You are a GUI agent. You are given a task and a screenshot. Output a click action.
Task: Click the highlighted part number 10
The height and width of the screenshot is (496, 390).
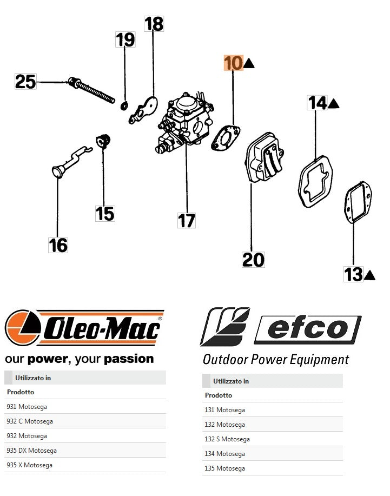point(234,63)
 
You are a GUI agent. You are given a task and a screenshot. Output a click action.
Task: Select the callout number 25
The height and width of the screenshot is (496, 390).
point(25,82)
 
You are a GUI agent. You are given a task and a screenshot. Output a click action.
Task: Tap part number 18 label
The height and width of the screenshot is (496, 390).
point(154,24)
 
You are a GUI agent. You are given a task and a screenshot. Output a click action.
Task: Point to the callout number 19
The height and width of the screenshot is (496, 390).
point(125,40)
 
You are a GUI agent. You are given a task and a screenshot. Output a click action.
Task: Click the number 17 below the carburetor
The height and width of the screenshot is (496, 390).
point(187,221)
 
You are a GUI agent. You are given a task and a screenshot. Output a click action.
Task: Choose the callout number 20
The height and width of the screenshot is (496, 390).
point(253,260)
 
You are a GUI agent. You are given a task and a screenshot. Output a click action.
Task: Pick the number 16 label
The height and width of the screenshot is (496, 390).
point(58,246)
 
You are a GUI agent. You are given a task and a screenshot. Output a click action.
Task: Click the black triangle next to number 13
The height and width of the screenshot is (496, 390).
point(370,275)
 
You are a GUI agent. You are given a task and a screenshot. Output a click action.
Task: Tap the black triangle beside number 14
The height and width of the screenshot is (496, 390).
point(334,103)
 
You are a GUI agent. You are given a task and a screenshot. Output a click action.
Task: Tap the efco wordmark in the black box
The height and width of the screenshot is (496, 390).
point(307,329)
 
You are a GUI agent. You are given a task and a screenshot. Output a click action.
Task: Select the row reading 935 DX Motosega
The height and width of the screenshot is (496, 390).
point(31,450)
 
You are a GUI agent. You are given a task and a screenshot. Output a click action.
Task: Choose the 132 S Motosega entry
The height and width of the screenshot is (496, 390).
point(227,439)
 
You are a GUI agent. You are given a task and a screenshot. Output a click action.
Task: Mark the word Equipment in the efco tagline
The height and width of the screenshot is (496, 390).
point(321,360)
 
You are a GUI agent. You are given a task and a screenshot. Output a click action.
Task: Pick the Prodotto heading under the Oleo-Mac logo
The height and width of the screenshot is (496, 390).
point(21,392)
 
